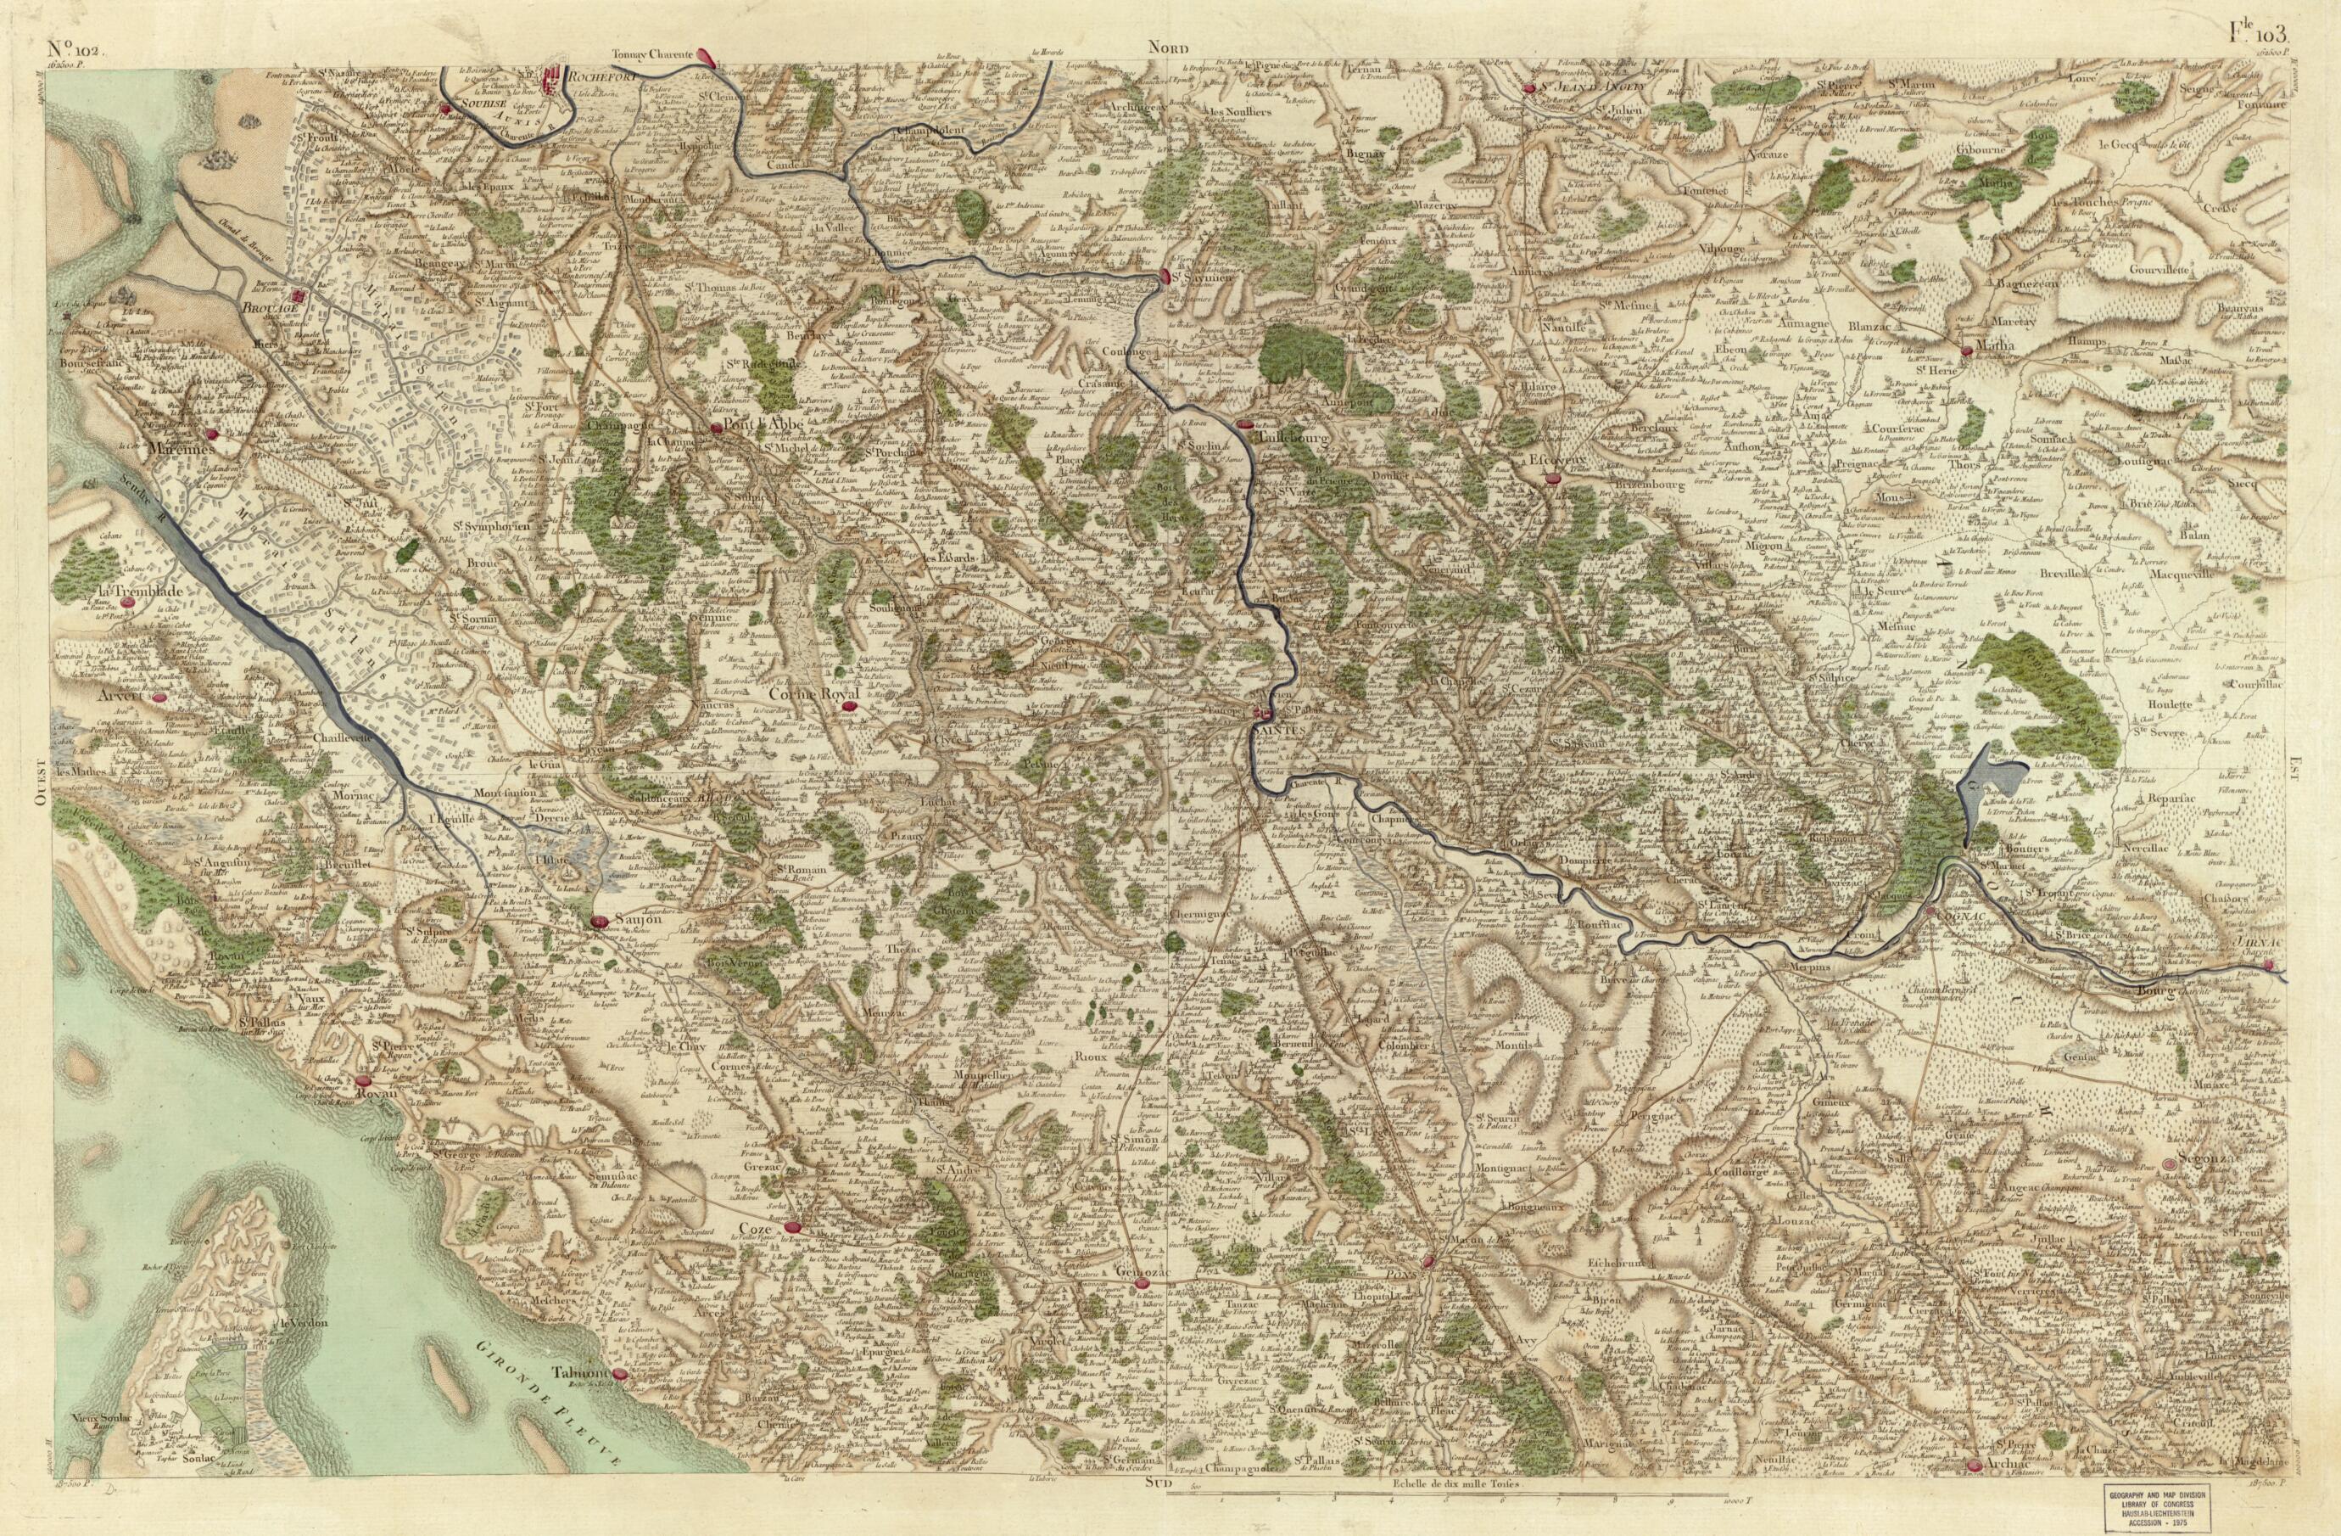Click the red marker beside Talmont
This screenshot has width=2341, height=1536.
(620, 1375)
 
